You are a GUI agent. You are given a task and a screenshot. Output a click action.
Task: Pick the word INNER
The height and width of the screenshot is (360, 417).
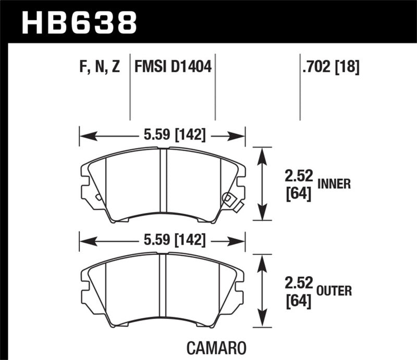[334, 183]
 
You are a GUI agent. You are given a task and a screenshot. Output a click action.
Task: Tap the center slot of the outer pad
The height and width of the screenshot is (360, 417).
[163, 287]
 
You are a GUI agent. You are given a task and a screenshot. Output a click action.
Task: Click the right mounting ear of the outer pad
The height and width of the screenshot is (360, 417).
[240, 290]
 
